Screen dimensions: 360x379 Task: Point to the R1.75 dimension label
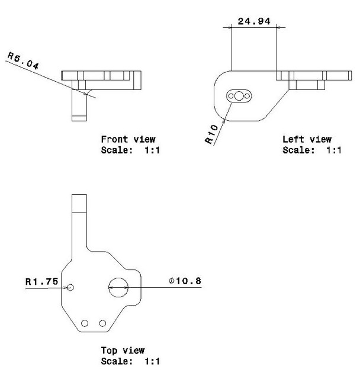41,282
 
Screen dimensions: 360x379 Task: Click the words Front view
128,140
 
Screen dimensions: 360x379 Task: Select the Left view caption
307,140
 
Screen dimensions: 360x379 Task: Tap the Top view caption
123,351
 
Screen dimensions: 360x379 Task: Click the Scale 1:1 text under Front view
131,150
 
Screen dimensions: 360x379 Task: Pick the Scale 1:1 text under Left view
312,150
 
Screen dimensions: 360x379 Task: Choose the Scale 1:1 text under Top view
130,361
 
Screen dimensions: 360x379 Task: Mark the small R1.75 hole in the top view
70,287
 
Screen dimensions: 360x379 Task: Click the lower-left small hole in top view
85,323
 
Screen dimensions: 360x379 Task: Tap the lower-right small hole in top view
103,323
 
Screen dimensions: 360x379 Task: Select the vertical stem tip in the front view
79,117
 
